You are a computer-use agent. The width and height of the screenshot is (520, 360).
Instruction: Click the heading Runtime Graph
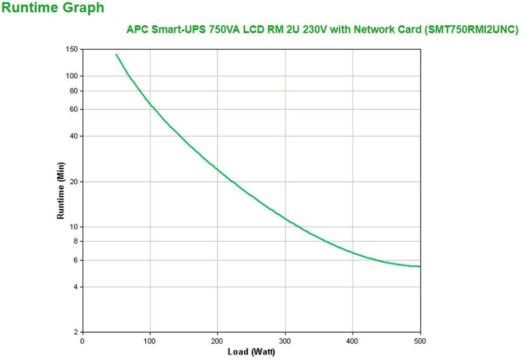click(x=53, y=8)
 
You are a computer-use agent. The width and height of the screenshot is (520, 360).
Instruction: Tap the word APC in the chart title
click(x=136, y=29)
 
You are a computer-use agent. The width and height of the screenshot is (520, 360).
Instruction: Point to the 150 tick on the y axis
click(x=71, y=49)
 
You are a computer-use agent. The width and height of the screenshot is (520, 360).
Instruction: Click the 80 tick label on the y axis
click(x=73, y=91)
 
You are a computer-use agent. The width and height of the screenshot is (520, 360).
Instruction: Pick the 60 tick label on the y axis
click(x=73, y=109)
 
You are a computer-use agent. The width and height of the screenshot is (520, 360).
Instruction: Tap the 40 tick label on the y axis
click(x=73, y=136)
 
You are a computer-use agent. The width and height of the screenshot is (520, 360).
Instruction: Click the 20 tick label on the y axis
click(x=73, y=182)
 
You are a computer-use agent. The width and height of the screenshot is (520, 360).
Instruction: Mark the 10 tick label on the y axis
click(x=73, y=226)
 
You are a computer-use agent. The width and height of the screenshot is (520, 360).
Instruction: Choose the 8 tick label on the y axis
click(x=75, y=241)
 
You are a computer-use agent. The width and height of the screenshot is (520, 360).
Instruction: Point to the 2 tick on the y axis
click(x=75, y=332)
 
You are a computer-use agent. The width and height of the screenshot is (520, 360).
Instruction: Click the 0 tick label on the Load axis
click(x=82, y=341)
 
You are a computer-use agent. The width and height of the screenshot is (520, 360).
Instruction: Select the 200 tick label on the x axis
click(x=217, y=341)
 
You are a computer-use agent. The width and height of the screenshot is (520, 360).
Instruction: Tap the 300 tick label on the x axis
click(x=285, y=341)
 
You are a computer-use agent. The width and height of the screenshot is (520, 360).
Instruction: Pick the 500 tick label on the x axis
click(x=419, y=341)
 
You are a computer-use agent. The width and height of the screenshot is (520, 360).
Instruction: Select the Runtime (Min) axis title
click(x=60, y=190)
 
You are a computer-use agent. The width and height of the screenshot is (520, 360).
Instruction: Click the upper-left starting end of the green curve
click(x=116, y=54)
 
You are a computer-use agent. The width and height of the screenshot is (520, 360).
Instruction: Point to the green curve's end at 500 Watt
click(x=419, y=266)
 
